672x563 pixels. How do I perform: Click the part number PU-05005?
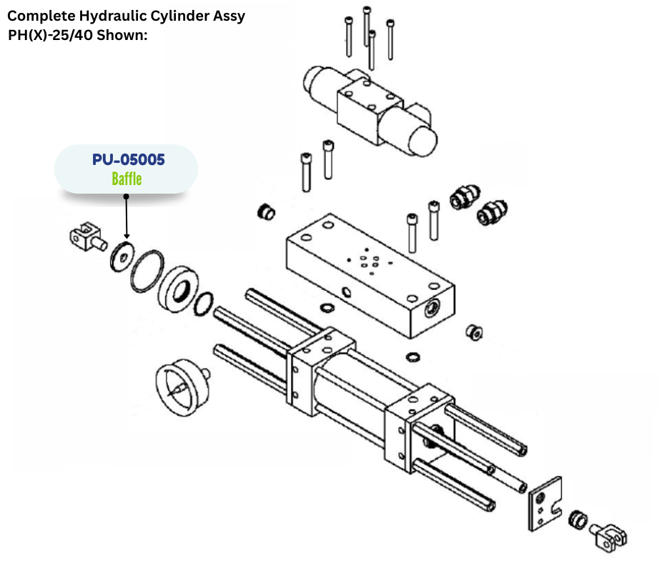(x=128, y=159)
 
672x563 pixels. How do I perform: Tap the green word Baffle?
(x=127, y=179)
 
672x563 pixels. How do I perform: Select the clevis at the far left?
(x=84, y=235)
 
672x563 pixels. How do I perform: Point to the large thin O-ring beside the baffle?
(x=146, y=271)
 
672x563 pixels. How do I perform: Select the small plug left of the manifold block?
(x=265, y=211)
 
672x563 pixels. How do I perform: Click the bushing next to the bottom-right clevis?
(x=578, y=519)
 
